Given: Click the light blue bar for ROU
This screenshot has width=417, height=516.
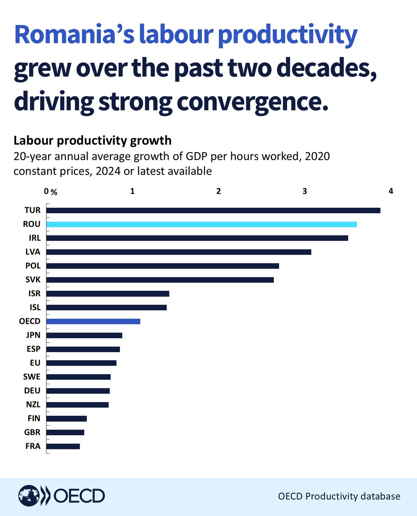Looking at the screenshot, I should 201,224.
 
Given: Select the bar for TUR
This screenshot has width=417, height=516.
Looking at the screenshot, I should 213,210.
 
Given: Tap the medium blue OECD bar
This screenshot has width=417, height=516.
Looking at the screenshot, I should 93,321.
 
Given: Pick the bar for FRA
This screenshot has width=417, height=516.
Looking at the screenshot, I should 63,446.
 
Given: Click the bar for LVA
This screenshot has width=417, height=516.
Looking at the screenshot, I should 178,252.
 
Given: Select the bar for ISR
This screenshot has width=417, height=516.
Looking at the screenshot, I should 107,294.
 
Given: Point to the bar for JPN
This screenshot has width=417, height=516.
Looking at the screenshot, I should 84,335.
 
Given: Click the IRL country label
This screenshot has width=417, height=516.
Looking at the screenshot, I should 34,238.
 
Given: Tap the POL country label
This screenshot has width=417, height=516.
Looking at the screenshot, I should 33,266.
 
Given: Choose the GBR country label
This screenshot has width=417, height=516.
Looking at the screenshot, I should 33,433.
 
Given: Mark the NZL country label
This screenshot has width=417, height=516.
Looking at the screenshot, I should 33,405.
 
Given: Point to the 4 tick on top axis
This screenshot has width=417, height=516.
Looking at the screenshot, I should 390,190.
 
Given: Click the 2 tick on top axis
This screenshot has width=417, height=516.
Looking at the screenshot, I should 219,190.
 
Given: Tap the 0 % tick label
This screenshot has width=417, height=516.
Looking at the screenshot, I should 51,191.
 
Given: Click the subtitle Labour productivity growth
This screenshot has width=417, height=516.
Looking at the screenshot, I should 92,141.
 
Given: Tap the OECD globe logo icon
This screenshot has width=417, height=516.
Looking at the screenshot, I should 28,497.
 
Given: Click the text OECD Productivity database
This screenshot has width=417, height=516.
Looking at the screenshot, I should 338,496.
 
